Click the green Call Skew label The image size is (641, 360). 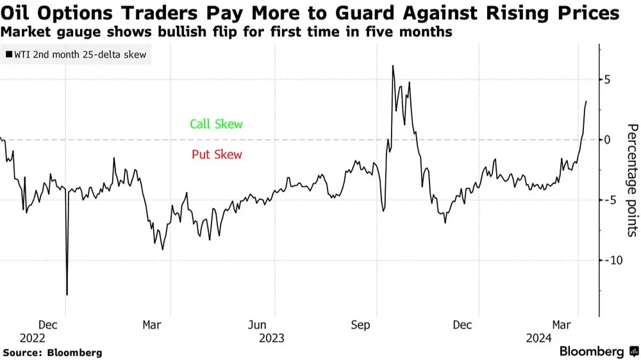tap(216, 124)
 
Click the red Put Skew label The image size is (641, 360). tap(217, 154)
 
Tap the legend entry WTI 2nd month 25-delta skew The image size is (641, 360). tap(76, 54)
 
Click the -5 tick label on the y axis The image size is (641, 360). tap(608, 200)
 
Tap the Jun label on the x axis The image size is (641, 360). tap(256, 325)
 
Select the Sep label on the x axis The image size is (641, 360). tap(361, 325)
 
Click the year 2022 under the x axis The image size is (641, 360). tap(32, 338)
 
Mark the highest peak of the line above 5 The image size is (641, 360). tap(392, 66)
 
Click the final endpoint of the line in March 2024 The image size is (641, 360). tap(586, 101)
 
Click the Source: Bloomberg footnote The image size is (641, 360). tap(53, 352)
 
